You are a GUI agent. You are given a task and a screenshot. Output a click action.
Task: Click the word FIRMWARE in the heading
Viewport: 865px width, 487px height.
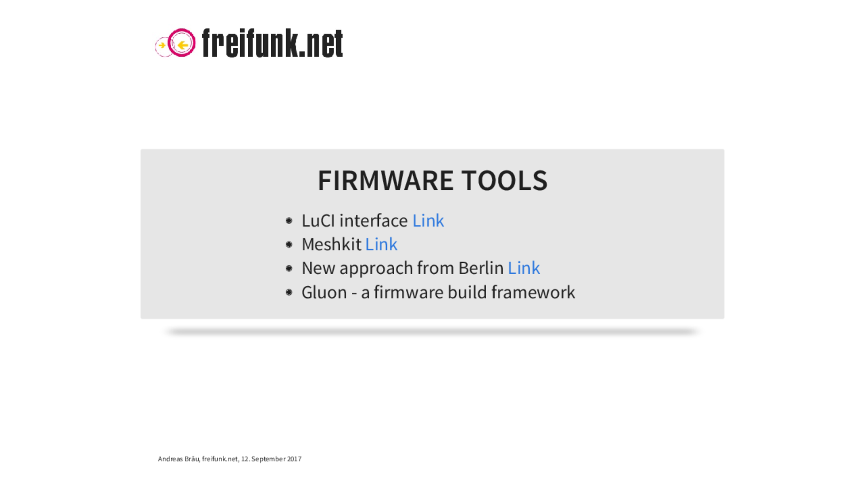pyautogui.click(x=386, y=180)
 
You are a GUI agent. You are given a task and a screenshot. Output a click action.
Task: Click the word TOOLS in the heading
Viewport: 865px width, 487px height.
pyautogui.click(x=504, y=180)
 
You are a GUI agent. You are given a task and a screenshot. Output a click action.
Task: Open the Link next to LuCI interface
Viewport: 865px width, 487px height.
pyautogui.click(x=428, y=221)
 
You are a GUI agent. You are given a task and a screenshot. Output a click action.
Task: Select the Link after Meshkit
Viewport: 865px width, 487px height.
pyautogui.click(x=381, y=244)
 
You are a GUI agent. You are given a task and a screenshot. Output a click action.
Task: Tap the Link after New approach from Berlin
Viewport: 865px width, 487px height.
pyautogui.click(x=524, y=268)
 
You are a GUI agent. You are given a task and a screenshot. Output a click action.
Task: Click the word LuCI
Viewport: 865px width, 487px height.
pyautogui.click(x=318, y=221)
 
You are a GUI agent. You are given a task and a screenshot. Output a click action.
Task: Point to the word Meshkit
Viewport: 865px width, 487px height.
pyautogui.click(x=331, y=244)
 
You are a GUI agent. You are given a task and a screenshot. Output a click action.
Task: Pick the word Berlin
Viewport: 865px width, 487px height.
pyautogui.click(x=481, y=268)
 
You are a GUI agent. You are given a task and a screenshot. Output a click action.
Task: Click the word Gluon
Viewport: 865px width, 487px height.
pyautogui.click(x=324, y=292)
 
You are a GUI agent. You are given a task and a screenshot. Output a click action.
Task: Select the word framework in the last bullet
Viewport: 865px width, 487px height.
pyautogui.click(x=533, y=292)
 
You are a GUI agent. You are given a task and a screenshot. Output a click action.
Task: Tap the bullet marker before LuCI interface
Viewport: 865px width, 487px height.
pyautogui.click(x=289, y=221)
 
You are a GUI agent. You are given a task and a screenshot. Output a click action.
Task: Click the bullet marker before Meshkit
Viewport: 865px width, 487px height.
pyautogui.click(x=289, y=244)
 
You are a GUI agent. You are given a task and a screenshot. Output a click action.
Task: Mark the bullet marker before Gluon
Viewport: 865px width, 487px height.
pyautogui.click(x=289, y=292)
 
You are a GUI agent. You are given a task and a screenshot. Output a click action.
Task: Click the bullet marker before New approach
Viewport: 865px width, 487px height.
pyautogui.click(x=289, y=268)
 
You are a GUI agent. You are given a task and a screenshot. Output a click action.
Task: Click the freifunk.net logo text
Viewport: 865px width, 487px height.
pyautogui.click(x=273, y=43)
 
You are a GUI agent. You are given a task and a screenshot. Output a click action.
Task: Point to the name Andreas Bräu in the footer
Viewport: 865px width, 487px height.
pyautogui.click(x=178, y=459)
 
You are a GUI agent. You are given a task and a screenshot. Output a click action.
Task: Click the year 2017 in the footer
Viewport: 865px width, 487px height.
pyautogui.click(x=294, y=459)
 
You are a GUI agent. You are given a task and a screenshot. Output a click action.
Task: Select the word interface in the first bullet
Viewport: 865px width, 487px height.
pyautogui.click(x=373, y=221)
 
